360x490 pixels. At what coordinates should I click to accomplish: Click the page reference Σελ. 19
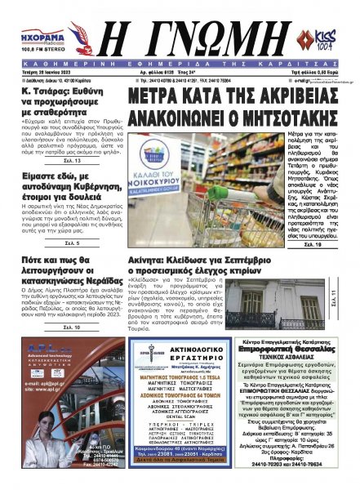pos(313,243)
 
